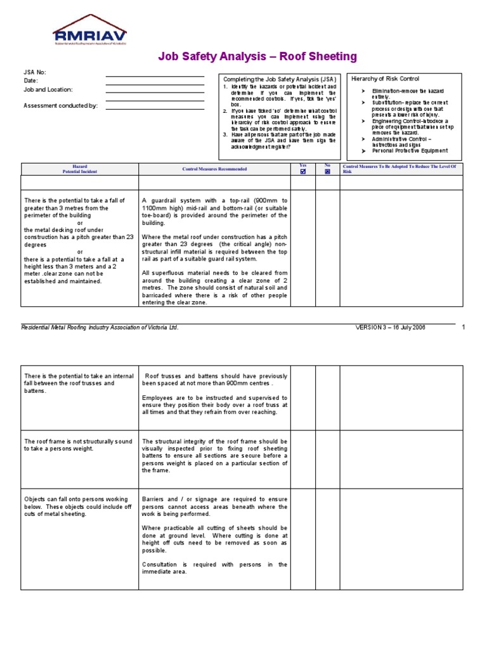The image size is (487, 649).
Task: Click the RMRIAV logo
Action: pyautogui.click(x=89, y=31)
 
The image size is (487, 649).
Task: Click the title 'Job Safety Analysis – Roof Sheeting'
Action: pyautogui.click(x=257, y=57)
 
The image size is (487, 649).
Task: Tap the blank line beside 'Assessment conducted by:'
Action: pyautogui.click(x=155, y=108)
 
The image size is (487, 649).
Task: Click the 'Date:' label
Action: pyautogui.click(x=31, y=81)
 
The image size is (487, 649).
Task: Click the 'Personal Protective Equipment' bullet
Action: pyautogui.click(x=410, y=151)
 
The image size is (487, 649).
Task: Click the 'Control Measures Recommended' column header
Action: pyautogui.click(x=214, y=169)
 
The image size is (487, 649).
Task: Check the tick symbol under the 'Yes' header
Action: pyautogui.click(x=302, y=171)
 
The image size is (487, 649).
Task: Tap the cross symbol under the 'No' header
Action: pyautogui.click(x=327, y=171)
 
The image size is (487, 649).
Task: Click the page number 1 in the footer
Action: pyautogui.click(x=464, y=327)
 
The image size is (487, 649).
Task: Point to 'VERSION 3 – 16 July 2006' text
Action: pyautogui.click(x=390, y=328)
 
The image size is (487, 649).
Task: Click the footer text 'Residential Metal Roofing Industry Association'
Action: pyautogui.click(x=100, y=328)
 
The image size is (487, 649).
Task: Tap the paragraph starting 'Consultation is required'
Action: pyautogui.click(x=214, y=568)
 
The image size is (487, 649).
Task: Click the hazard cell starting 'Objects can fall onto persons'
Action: pyautogui.click(x=77, y=506)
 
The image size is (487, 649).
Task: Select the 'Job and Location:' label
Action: pyautogui.click(x=48, y=90)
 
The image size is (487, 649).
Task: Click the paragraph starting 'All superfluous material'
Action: pyautogui.click(x=214, y=288)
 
